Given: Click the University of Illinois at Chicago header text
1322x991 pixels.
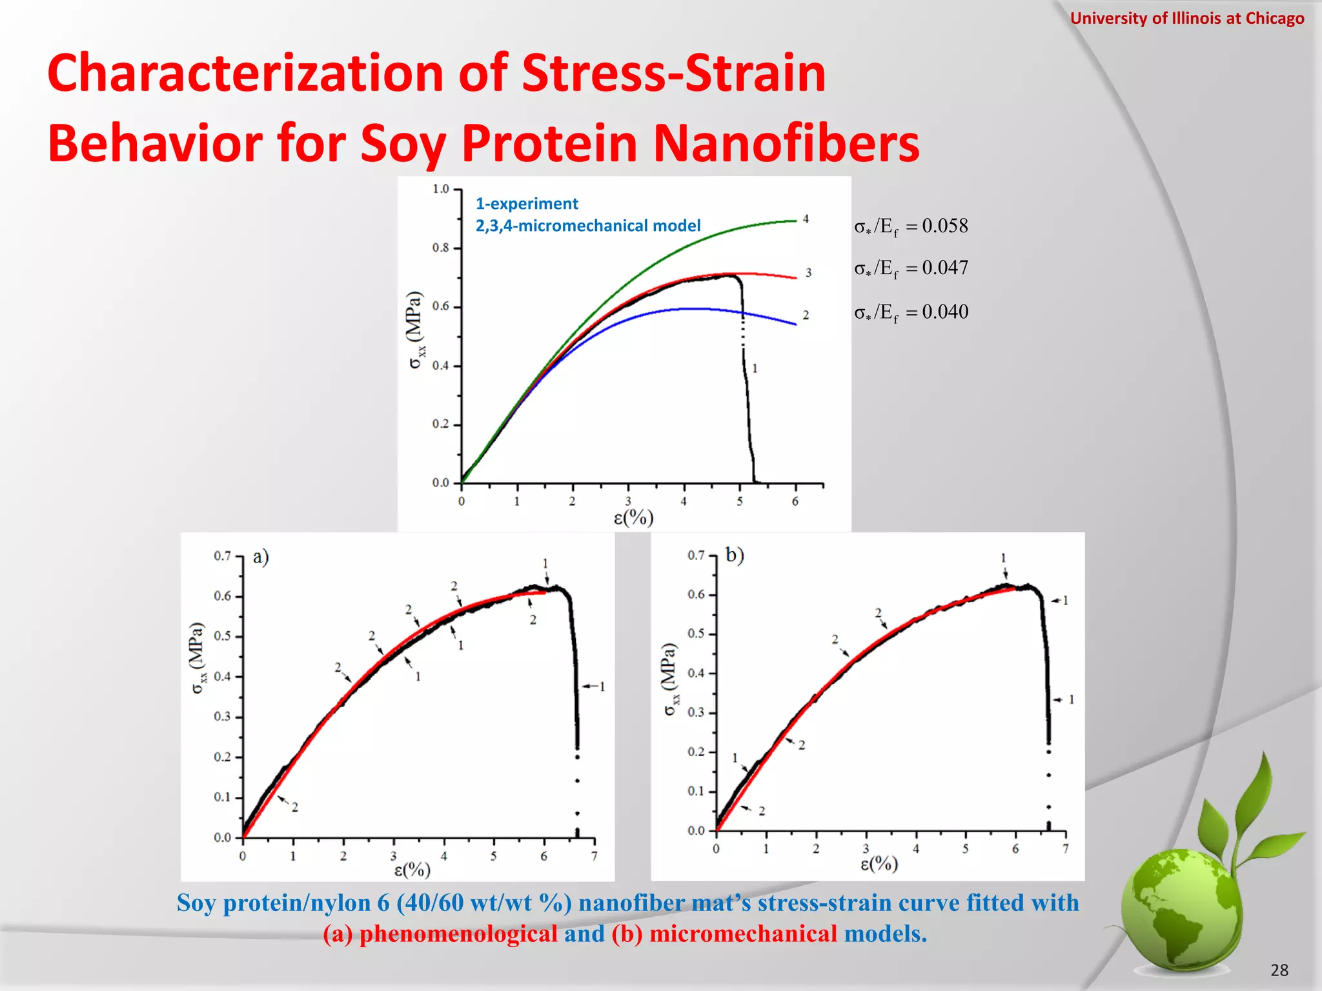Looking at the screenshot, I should pos(1186,18).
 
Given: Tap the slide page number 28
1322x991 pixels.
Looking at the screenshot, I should pos(1279,970).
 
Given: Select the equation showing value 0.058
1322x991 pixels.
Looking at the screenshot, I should pos(911,226).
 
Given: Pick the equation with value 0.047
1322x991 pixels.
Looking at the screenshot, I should pos(911,268).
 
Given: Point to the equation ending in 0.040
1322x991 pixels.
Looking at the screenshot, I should pos(911,312).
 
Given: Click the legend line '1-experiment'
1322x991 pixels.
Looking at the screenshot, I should pos(527,204).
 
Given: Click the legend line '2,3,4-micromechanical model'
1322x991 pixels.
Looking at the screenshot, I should pos(587,226).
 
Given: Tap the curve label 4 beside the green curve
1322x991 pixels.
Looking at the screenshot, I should pos(806,219).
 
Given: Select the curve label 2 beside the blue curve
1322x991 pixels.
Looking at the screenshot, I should pos(806,315).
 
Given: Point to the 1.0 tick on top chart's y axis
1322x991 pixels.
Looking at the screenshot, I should pos(441,189).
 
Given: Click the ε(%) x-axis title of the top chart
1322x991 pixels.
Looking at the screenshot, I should pos(633,517).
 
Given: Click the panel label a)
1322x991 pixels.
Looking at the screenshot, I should pos(261,556).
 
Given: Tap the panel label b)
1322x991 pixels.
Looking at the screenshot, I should pos(735,555).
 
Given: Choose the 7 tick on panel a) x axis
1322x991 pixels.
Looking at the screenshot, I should pos(594,856).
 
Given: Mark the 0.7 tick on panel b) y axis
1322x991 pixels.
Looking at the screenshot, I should pos(696,555).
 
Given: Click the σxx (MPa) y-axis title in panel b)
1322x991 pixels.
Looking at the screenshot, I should pos(671,679).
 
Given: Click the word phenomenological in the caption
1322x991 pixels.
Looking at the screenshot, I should pos(458,934).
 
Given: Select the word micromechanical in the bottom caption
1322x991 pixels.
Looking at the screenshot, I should pos(743,934).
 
